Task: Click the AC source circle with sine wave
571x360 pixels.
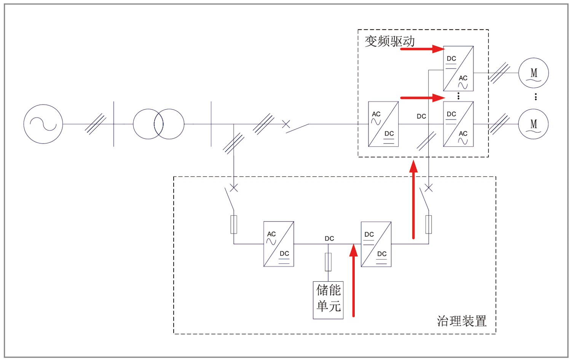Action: pyautogui.click(x=43, y=124)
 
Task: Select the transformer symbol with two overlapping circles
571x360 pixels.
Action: pyautogui.click(x=159, y=124)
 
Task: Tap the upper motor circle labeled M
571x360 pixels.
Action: pyautogui.click(x=534, y=73)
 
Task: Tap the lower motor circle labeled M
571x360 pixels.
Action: pyautogui.click(x=534, y=124)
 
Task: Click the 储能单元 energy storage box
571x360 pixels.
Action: pyautogui.click(x=328, y=300)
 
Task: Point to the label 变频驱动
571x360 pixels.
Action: pyautogui.click(x=389, y=41)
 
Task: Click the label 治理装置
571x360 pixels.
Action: pyautogui.click(x=461, y=321)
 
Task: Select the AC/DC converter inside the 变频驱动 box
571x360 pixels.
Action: pyautogui.click(x=383, y=124)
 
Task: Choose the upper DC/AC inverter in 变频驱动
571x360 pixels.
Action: pyautogui.click(x=458, y=68)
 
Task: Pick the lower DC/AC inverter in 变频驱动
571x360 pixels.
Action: pyautogui.click(x=458, y=124)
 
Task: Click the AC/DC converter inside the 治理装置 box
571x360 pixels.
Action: pyautogui.click(x=279, y=244)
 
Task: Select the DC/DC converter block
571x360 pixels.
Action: pyautogui.click(x=376, y=244)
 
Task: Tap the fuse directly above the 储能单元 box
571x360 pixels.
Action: pyautogui.click(x=328, y=262)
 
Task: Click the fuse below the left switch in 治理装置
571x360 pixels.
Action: pyautogui.click(x=234, y=225)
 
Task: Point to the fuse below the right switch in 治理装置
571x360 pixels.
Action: pyautogui.click(x=429, y=225)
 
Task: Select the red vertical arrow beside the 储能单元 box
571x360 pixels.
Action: pyautogui.click(x=354, y=282)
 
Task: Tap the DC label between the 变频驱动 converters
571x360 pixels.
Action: pyautogui.click(x=421, y=116)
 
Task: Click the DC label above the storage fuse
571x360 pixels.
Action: pyautogui.click(x=329, y=239)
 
